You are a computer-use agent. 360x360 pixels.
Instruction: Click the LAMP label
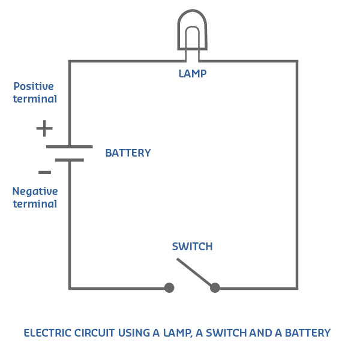point(192,74)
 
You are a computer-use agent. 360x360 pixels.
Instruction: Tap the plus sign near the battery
point(44,128)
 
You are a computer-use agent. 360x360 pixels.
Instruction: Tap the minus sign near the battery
point(44,173)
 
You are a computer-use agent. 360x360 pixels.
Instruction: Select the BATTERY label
point(128,153)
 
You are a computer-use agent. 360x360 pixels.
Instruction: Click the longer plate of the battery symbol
point(70,146)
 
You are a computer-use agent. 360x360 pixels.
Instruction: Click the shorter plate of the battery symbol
point(70,160)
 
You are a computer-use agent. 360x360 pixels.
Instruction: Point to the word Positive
point(34,86)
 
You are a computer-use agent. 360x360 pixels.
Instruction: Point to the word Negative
point(35,191)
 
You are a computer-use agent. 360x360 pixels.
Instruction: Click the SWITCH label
point(192,247)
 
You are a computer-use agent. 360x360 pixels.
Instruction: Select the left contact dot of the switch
point(169,288)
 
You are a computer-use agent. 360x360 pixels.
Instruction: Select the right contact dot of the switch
point(215,288)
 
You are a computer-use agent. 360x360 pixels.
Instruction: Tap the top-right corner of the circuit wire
point(296,61)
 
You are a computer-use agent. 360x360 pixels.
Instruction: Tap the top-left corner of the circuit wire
point(70,61)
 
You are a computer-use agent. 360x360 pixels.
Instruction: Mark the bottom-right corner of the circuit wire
point(296,288)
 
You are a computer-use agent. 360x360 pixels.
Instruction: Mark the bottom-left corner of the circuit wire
point(70,288)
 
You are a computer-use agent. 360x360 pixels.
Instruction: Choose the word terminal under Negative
point(35,204)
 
